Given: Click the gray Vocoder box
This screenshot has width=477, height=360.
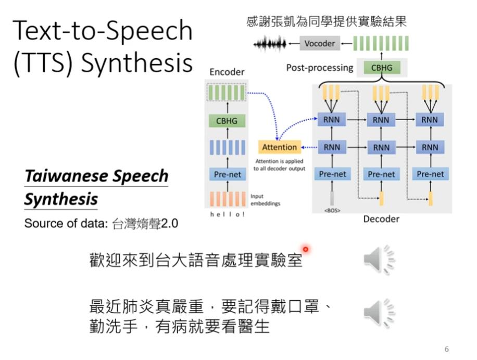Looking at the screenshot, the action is (320, 43).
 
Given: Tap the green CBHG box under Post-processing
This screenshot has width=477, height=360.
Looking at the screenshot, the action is (382, 68).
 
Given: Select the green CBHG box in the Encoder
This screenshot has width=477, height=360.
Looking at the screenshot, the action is (227, 121).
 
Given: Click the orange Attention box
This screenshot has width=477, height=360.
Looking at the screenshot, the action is (280, 147).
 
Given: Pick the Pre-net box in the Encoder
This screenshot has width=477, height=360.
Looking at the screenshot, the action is (227, 174).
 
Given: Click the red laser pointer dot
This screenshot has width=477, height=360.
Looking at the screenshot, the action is (306, 249).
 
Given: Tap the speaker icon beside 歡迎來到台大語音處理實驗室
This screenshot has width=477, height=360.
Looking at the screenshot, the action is (379, 259).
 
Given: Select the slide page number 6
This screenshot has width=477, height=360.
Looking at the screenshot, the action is (447, 349).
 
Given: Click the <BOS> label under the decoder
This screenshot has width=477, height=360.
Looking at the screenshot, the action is (332, 211).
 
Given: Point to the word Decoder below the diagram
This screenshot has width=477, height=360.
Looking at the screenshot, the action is (381, 219).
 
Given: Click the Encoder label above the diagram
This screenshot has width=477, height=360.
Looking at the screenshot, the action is (227, 72).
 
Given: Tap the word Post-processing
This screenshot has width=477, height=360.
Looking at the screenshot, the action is (319, 68).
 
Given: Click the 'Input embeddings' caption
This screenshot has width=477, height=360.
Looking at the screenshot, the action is (266, 200).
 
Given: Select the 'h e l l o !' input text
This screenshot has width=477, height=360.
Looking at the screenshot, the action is (227, 215).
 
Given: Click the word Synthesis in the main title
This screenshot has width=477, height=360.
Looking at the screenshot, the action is (137, 63).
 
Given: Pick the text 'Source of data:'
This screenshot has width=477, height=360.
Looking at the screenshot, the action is (66, 224).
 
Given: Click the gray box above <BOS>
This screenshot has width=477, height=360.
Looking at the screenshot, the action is (332, 198).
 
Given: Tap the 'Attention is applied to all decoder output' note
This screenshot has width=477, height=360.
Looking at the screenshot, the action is (279, 165).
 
